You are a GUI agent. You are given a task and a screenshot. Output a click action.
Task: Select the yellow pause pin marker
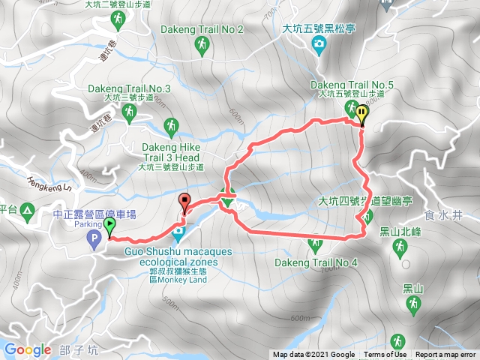pyautogui.click(x=363, y=115)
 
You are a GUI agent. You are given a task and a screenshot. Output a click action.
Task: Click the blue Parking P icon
pyautogui.click(x=94, y=240)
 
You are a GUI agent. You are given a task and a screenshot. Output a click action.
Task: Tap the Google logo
pyautogui.click(x=28, y=349)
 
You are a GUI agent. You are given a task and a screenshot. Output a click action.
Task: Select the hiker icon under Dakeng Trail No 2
pyautogui.click(x=202, y=47)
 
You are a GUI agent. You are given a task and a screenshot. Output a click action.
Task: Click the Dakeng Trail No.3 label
pyautogui.click(x=129, y=88)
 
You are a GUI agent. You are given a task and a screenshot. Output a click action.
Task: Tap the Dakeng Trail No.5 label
pyautogui.click(x=349, y=85)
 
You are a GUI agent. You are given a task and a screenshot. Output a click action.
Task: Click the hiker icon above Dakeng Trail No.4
pyautogui.click(x=315, y=244)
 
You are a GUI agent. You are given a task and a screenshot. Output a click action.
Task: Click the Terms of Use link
pyautogui.click(x=385, y=355)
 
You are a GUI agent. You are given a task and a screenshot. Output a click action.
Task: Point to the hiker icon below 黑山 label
pyautogui.click(x=412, y=304)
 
